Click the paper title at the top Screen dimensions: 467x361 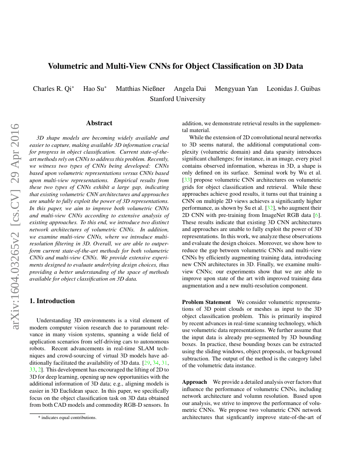[175, 66]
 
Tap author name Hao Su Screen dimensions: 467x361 [94, 89]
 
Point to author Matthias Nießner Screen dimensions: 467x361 [140, 89]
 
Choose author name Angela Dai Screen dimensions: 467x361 [190, 89]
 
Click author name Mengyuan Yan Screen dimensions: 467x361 [236, 89]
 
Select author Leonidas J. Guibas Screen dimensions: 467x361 [293, 89]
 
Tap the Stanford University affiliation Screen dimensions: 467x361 [178, 99]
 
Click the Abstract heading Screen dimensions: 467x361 [99, 123]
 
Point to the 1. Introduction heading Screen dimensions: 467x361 [52, 301]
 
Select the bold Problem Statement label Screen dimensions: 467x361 [206, 302]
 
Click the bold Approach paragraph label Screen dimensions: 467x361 [195, 382]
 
